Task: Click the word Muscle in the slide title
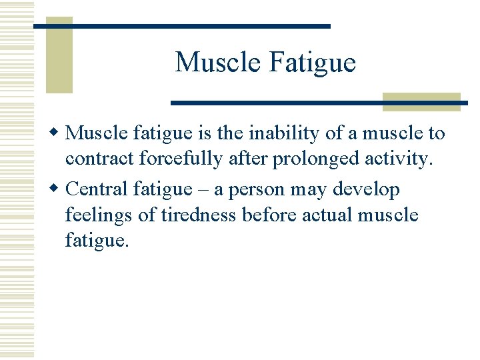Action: (x=217, y=63)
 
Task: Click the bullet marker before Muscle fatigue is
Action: (x=58, y=133)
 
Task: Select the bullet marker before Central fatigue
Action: (x=58, y=189)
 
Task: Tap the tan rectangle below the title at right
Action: (x=421, y=101)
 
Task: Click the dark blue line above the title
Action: (x=182, y=26)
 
